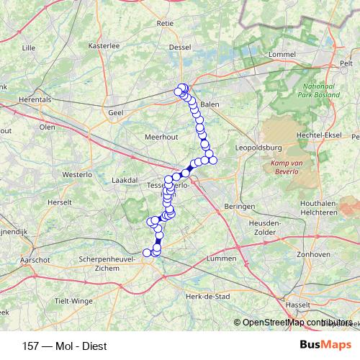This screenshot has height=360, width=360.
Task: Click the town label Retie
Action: (165, 23)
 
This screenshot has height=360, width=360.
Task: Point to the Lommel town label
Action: (282, 54)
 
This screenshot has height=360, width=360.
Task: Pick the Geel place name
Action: (115, 112)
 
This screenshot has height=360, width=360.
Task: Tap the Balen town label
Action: (210, 104)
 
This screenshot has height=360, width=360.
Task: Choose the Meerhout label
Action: (161, 136)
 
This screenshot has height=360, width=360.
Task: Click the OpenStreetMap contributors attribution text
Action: (297, 322)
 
